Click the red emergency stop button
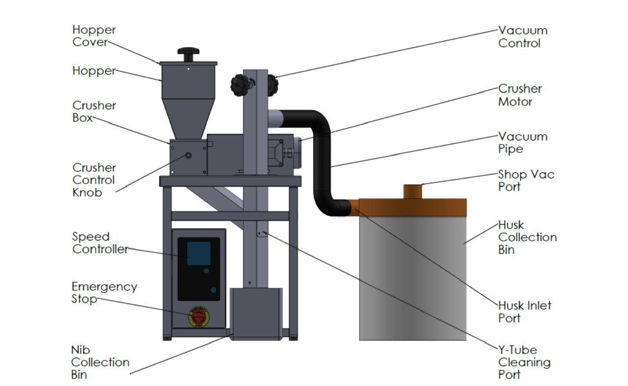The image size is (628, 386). [x=199, y=317]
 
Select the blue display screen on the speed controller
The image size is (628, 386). [x=199, y=253]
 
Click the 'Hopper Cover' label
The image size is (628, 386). [x=94, y=36]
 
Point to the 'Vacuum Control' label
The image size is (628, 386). [x=523, y=37]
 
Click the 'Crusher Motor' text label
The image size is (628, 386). [x=520, y=95]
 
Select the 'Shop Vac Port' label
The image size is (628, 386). [x=526, y=180]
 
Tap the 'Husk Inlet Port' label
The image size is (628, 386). [x=524, y=312]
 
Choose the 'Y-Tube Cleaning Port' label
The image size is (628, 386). [x=524, y=362]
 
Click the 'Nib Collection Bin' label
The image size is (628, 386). [x=100, y=362]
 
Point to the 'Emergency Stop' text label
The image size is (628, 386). [x=105, y=293]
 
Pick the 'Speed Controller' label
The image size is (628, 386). [x=101, y=243]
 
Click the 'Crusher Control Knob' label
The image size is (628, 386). [x=94, y=180]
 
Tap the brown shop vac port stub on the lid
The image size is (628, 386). [x=413, y=192]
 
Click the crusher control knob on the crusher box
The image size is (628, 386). [x=188, y=155]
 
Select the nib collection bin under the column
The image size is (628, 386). [x=256, y=314]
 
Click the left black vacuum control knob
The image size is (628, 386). [x=240, y=85]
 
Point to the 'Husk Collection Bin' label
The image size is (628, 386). [x=527, y=237]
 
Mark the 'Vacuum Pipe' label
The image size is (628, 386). [x=523, y=142]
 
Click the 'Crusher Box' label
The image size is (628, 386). [x=94, y=111]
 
